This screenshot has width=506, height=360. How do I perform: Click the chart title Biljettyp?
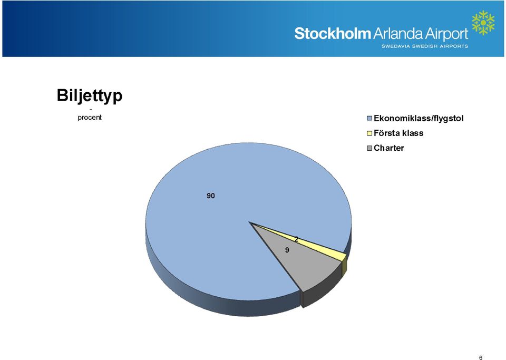pyautogui.click(x=90, y=95)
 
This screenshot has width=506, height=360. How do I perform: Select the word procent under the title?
pyautogui.click(x=90, y=118)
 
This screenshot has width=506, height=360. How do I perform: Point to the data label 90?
pyautogui.click(x=211, y=196)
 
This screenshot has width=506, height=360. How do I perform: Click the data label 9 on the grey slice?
pyautogui.click(x=287, y=250)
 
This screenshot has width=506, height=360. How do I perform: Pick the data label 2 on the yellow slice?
pyautogui.click(x=296, y=239)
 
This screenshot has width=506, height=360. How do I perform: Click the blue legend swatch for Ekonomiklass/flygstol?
pyautogui.click(x=370, y=119)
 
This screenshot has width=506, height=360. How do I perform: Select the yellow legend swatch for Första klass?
pyautogui.click(x=370, y=133)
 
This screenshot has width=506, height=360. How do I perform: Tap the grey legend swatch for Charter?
pyautogui.click(x=370, y=148)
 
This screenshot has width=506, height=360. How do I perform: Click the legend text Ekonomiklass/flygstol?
pyautogui.click(x=419, y=119)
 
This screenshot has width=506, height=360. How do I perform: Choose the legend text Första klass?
pyautogui.click(x=398, y=133)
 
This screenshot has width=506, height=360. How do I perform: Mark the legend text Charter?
pyautogui.click(x=389, y=148)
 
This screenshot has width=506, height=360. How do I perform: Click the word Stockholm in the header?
pyautogui.click(x=333, y=34)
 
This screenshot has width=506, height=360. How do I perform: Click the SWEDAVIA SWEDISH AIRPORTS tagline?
pyautogui.click(x=425, y=46)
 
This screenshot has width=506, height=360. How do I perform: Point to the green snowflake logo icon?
pyautogui.click(x=483, y=23)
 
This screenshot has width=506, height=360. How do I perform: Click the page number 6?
pyautogui.click(x=481, y=357)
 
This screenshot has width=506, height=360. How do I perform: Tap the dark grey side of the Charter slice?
pyautogui.click(x=321, y=290)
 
